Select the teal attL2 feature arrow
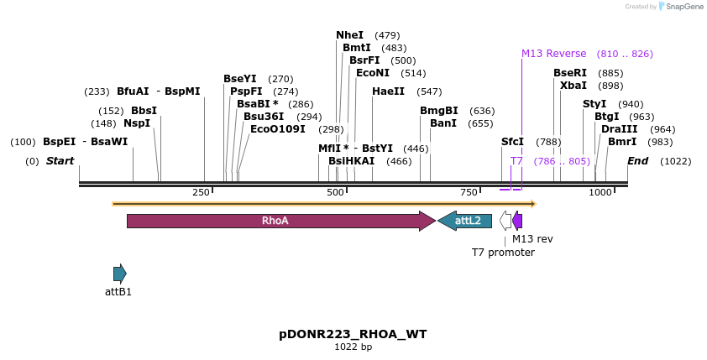[x=464, y=221]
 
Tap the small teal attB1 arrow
[x=119, y=274]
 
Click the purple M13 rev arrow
[x=517, y=221]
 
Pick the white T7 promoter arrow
[x=505, y=221]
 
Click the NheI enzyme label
[x=349, y=35]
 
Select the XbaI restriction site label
[x=573, y=86]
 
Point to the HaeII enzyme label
[x=388, y=91]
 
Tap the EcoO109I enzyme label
[x=278, y=129]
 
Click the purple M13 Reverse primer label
[x=553, y=54]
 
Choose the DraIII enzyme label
[x=619, y=129]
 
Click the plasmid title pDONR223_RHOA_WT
[x=353, y=334]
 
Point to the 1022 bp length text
[x=353, y=347]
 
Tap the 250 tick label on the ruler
[x=201, y=193]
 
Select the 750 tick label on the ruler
[x=469, y=193]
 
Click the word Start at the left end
[x=60, y=161]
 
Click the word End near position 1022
[x=637, y=161]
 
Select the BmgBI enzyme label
[x=439, y=111]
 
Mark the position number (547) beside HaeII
[x=429, y=91]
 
